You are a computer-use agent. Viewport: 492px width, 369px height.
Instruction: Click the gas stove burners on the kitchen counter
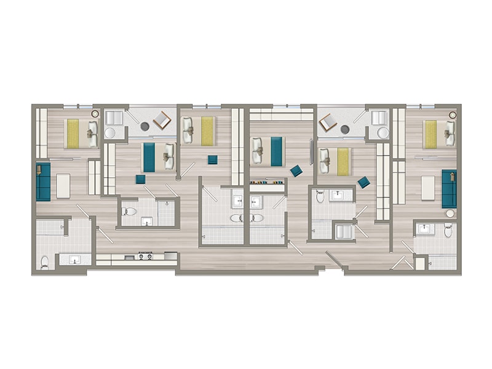146,256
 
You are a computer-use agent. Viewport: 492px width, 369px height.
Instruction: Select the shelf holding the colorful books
268,182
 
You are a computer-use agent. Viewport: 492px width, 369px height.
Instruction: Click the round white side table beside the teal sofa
450,213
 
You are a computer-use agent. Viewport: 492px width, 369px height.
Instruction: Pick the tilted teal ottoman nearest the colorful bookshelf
296,171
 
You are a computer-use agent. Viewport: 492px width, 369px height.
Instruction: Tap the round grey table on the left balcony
145,126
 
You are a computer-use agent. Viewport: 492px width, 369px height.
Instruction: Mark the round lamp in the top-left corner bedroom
95,114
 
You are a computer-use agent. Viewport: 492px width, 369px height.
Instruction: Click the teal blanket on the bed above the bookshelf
276,151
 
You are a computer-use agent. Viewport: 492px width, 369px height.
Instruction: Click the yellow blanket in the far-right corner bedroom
430,133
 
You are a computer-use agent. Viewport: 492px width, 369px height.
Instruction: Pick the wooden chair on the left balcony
162,120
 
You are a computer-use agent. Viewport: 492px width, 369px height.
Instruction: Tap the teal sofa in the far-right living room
448,188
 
